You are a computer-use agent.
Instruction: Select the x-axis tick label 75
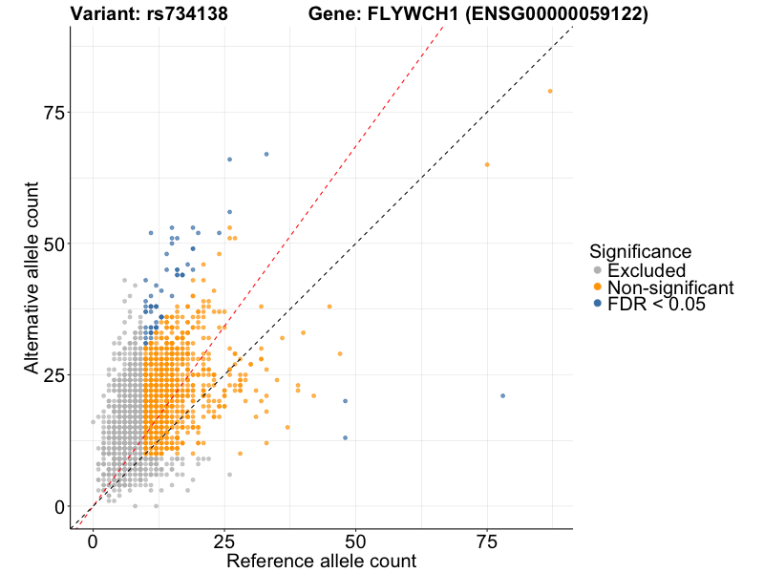(486, 542)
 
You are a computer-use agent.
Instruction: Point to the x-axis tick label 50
(355, 542)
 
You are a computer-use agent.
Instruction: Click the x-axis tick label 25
(224, 542)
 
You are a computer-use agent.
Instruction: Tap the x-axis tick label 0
(94, 542)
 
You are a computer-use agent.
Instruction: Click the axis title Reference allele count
(321, 562)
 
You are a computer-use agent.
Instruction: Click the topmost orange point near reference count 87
(550, 91)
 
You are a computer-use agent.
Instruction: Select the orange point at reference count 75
(487, 164)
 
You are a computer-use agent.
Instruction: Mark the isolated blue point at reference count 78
(502, 395)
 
